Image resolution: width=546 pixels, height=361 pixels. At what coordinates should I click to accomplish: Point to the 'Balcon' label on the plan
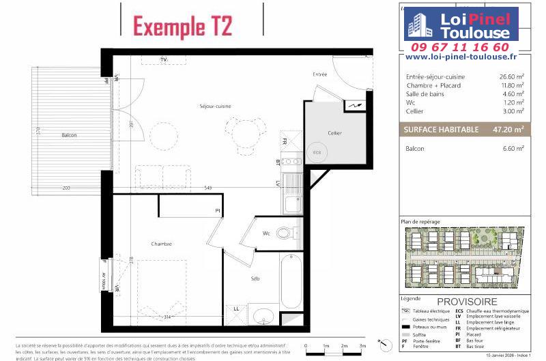pos(69,135)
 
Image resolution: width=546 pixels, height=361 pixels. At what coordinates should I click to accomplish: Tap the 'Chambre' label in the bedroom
pos(162,244)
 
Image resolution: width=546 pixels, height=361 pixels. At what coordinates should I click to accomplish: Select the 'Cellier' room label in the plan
pos(334,133)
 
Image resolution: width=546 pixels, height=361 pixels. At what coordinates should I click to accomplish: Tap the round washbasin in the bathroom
pos(262,317)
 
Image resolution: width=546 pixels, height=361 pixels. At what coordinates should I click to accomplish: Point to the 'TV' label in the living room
pos(164,60)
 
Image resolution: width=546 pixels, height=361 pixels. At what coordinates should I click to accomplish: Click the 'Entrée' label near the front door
pos(320,74)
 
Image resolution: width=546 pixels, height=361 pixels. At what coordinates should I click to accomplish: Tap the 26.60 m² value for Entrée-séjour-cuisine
pos(511,77)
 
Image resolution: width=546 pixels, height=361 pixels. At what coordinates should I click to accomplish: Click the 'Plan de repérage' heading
pos(420,222)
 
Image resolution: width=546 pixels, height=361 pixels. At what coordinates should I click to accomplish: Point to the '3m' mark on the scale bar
pos(362,346)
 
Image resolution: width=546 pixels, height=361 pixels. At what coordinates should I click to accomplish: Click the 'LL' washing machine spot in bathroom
pos(236,308)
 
